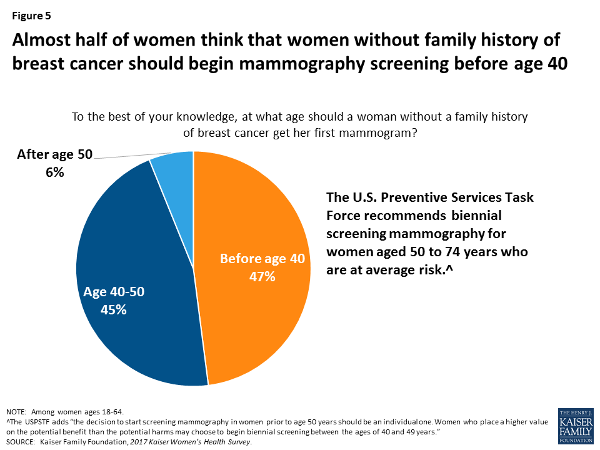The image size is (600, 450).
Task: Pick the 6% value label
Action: pos(54,172)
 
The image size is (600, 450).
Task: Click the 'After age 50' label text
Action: pos(54,154)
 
